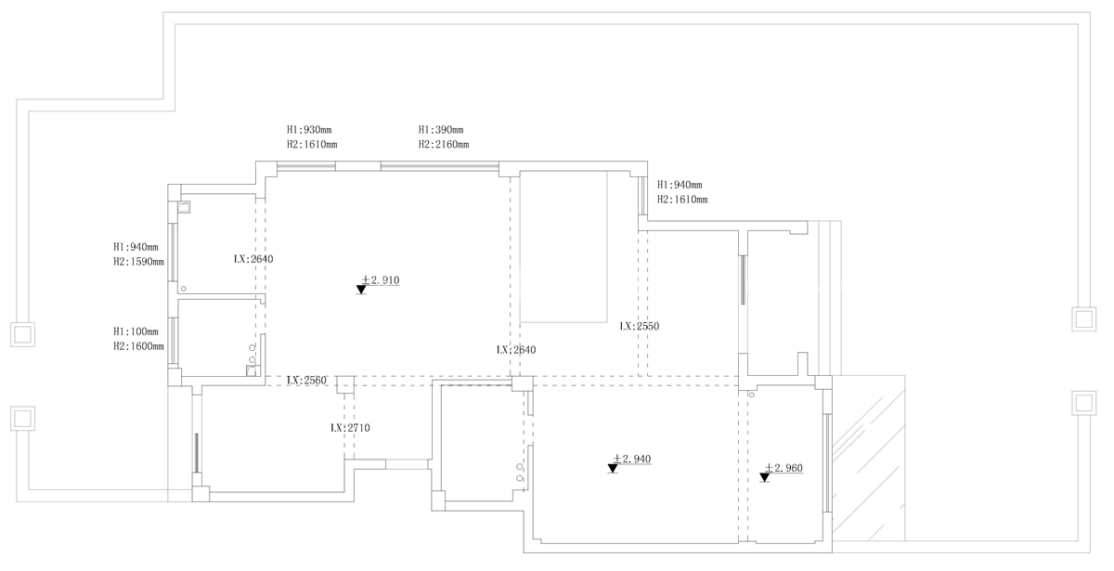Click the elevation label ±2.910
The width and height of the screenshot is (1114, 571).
[381, 280]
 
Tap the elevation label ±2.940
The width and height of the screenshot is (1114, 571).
[631, 459]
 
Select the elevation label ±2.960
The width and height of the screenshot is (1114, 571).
[784, 468]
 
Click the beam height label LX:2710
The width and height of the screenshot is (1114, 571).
[351, 428]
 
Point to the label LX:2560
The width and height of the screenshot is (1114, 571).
[306, 381]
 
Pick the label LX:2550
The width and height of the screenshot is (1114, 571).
[640, 326]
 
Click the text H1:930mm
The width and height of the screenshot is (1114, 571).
[309, 130]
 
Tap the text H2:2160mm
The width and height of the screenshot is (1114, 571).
[444, 145]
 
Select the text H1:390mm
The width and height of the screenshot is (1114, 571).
[441, 130]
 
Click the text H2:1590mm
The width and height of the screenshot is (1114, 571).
[138, 262]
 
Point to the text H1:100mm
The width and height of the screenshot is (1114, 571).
[136, 331]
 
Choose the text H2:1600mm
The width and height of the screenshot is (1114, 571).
[138, 346]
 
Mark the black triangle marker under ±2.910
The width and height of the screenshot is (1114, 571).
[361, 290]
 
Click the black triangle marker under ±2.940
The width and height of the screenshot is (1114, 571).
[613, 468]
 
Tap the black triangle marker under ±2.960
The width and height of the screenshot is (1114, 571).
[765, 477]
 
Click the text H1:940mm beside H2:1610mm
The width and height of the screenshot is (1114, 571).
[680, 185]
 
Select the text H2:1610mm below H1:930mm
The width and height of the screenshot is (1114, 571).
[312, 145]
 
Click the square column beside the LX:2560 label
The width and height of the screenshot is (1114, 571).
[345, 384]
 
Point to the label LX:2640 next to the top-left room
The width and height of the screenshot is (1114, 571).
[253, 259]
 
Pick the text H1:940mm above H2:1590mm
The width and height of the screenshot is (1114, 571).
[136, 247]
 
